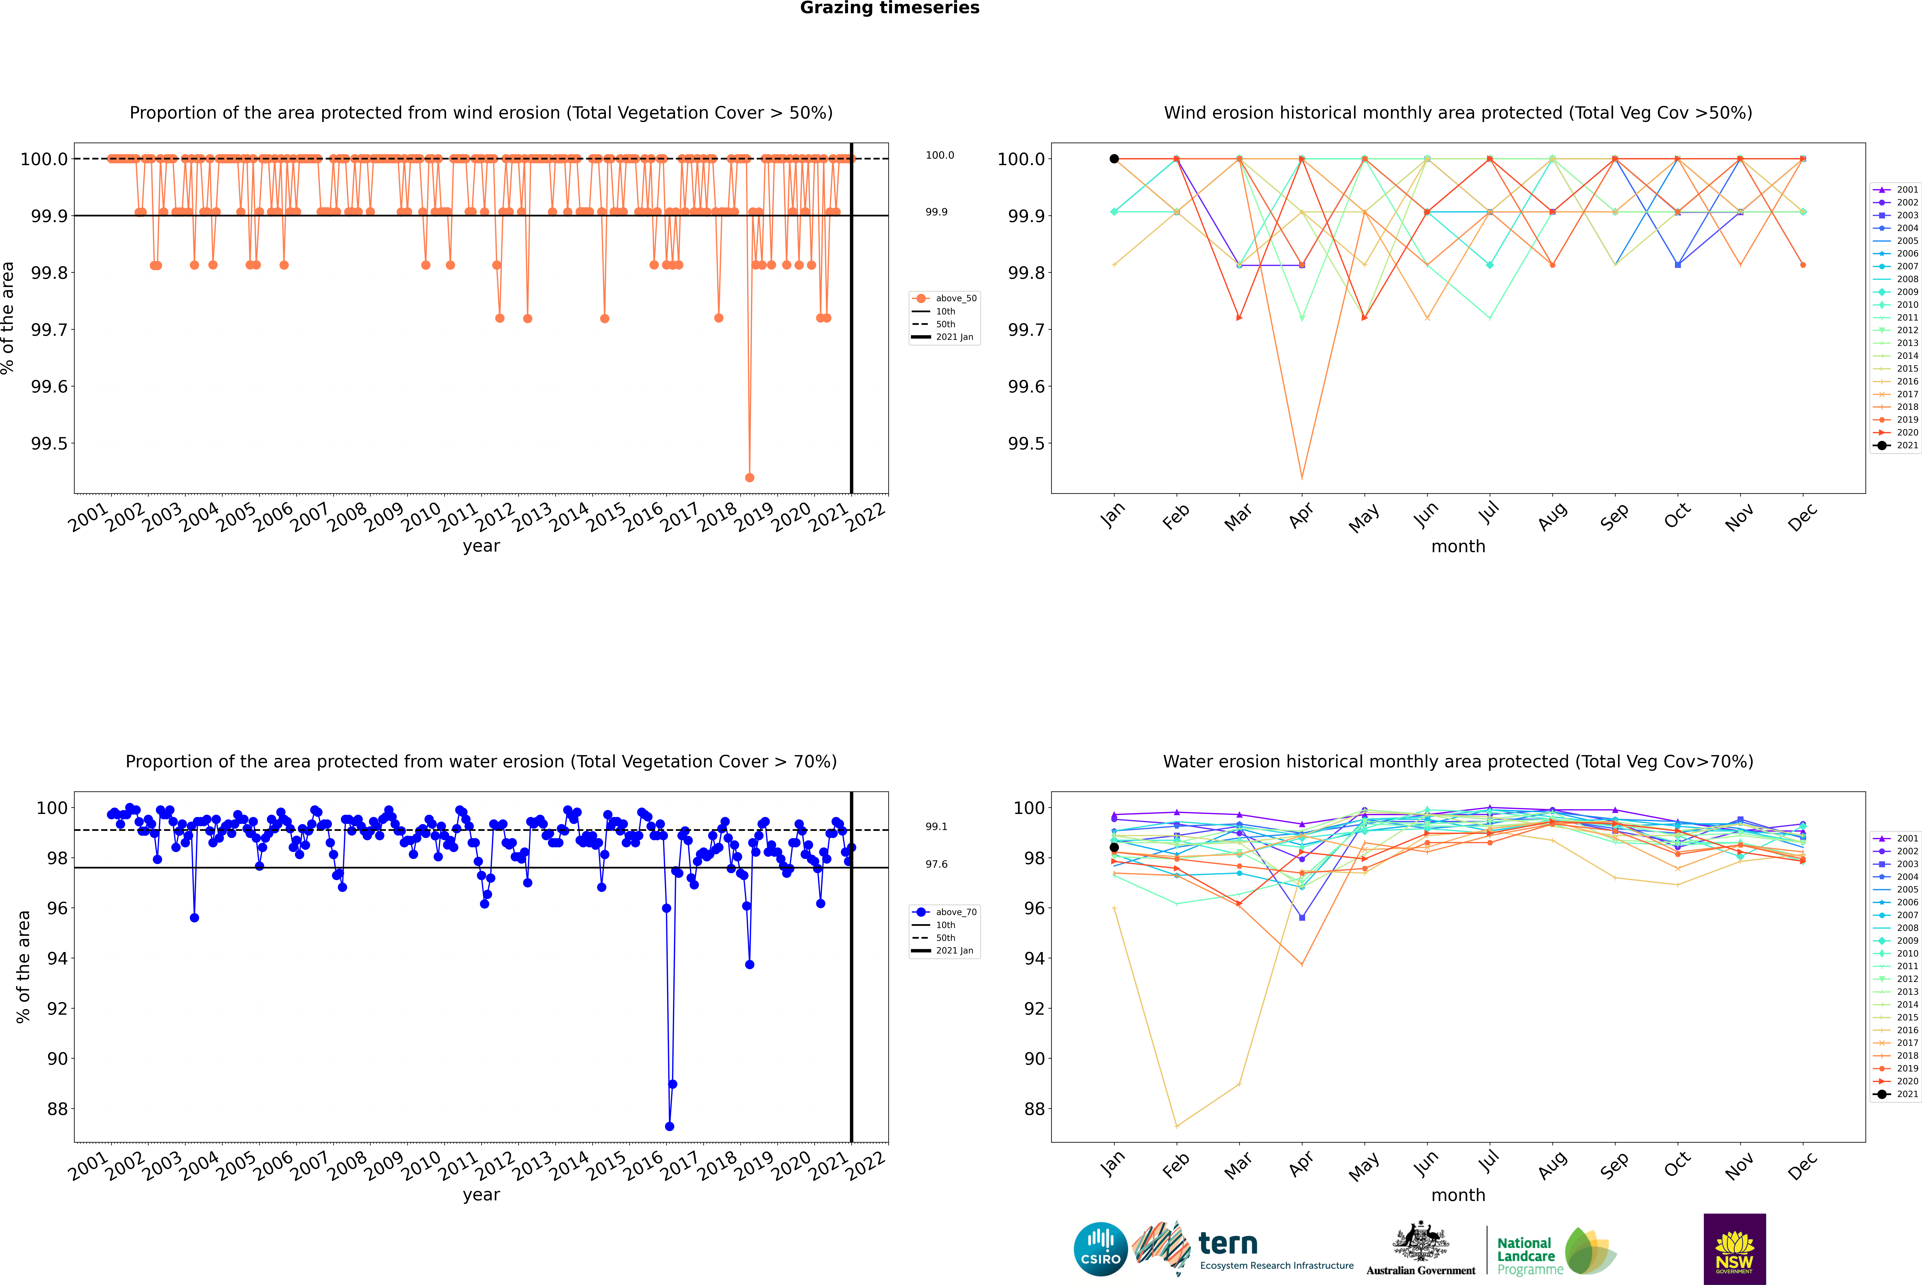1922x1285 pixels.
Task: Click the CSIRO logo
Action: [x=1100, y=1249]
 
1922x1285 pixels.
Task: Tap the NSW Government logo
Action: [x=1734, y=1249]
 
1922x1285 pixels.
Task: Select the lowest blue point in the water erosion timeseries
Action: [x=669, y=1126]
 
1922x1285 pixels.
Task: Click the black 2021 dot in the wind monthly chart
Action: [x=1114, y=159]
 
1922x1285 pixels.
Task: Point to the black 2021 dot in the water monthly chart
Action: [x=1114, y=847]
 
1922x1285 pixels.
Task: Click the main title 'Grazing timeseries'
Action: [x=890, y=8]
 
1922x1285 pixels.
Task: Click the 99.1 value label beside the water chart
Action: [x=936, y=827]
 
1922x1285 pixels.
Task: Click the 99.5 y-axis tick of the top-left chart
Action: [x=49, y=443]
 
